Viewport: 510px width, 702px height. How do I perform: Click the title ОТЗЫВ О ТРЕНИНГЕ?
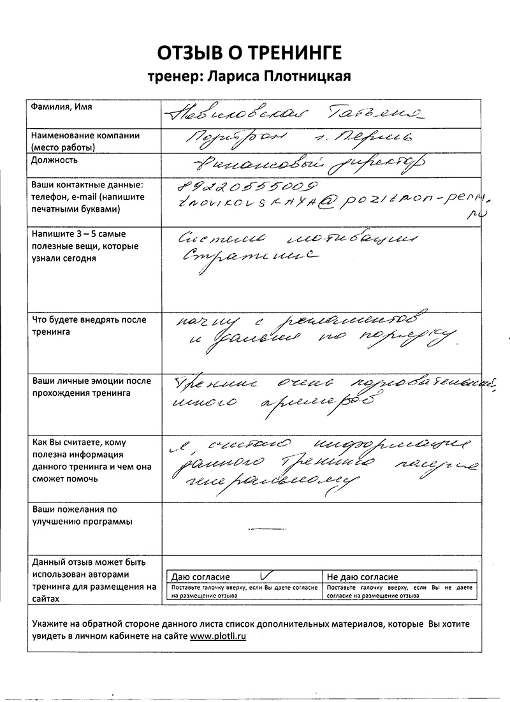point(254,52)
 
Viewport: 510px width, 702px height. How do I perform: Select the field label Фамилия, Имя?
point(61,107)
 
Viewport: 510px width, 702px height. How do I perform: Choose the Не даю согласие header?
point(362,576)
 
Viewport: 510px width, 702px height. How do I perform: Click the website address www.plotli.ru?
point(218,636)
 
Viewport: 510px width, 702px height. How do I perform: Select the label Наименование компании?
point(85,136)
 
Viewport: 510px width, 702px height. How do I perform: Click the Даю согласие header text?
point(201,576)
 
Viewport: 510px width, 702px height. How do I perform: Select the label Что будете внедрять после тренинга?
point(89,326)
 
